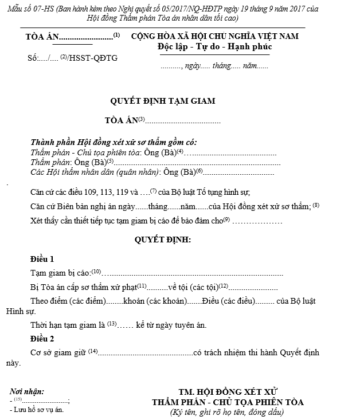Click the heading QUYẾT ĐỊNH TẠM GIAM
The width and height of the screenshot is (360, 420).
[x=163, y=101]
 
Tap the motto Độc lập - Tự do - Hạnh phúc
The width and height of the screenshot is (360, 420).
[x=215, y=46]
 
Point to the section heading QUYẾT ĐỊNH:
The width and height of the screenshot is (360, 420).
[x=163, y=238]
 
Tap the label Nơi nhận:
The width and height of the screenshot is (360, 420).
[x=27, y=392]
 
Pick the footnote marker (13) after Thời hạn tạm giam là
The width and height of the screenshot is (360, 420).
[x=112, y=324]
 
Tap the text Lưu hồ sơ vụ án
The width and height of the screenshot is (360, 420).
[x=38, y=410]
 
